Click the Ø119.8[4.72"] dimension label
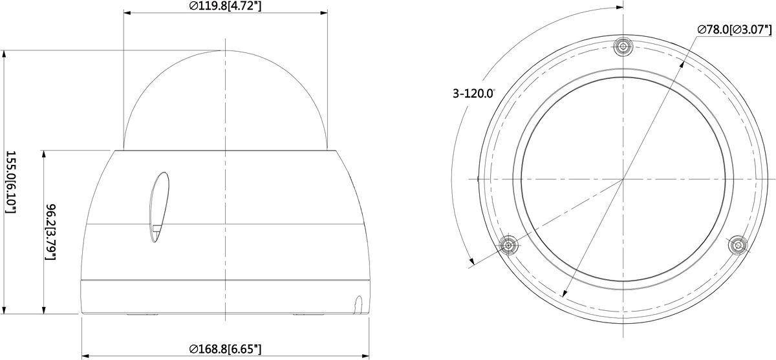[x=226, y=6]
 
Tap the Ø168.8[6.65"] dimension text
[x=226, y=348]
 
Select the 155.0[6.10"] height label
[x=12, y=182]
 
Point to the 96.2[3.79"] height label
[x=51, y=232]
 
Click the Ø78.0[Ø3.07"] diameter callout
[x=735, y=30]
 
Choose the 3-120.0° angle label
[x=474, y=94]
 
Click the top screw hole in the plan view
[x=623, y=46]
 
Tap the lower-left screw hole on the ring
[x=508, y=246]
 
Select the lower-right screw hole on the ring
[x=738, y=246]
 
